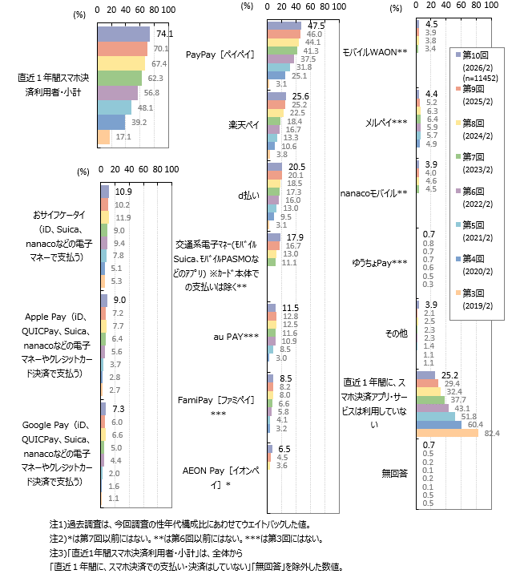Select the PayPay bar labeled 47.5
click(284, 26)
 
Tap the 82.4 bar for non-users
click(448, 434)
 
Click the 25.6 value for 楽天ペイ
click(300, 96)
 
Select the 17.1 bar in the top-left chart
click(104, 137)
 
